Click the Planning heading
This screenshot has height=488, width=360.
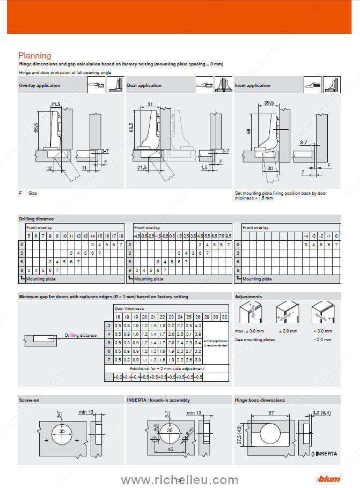(35, 55)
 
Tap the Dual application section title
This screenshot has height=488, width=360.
(144, 85)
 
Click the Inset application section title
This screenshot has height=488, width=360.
(253, 85)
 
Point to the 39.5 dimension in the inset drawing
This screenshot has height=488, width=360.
(269, 103)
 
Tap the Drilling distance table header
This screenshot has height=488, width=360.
(36, 219)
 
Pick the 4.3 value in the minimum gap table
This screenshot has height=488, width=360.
(198, 326)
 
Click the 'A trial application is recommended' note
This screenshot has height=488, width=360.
(216, 343)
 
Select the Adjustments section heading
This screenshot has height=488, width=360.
(248, 297)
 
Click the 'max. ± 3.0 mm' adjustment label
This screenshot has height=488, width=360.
(251, 331)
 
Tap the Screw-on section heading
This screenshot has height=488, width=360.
(29, 400)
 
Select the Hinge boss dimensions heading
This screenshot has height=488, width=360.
(260, 400)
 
